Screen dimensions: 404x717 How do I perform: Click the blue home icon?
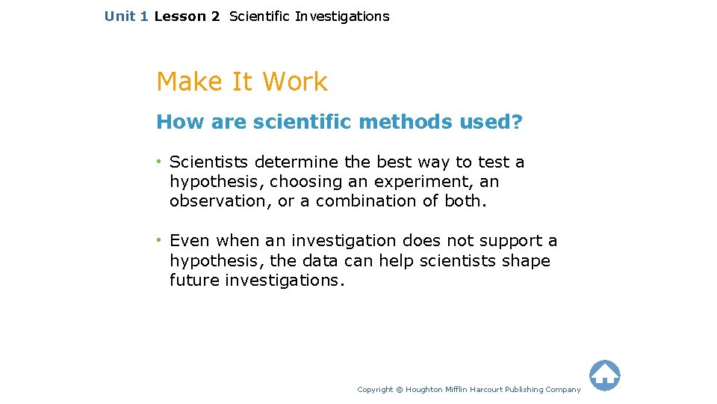604,376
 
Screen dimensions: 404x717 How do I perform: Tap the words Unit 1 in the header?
126,16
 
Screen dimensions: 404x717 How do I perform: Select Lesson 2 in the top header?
187,16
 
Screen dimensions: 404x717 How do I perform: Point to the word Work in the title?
295,82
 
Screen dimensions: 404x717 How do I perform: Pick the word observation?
211,201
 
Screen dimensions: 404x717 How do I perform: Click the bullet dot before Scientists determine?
160,162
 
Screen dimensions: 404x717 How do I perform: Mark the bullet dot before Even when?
160,240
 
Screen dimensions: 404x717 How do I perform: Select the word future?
194,280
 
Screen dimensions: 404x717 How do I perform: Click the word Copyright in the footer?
375,389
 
